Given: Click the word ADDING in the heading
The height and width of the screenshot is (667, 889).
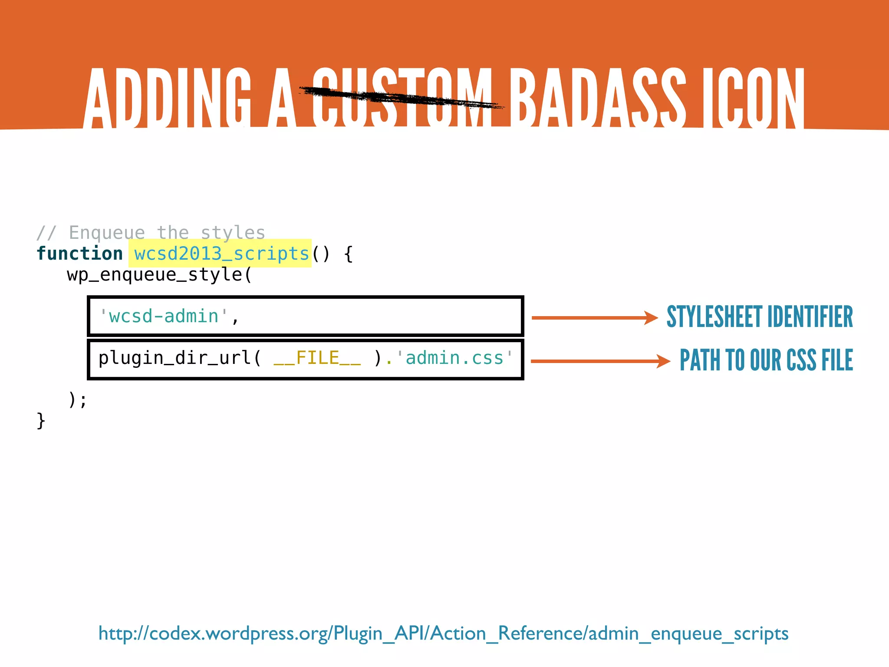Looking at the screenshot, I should coord(167,98).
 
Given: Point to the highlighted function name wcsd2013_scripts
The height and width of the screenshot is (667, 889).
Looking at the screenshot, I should coord(221,254).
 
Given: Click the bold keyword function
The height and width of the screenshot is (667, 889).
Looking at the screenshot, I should coord(80,254).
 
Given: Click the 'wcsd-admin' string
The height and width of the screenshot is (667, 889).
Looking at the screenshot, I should coord(164,316).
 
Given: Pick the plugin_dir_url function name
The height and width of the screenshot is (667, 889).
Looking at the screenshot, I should coord(175,358).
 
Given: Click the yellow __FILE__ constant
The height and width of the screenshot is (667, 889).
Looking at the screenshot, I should coord(317,358).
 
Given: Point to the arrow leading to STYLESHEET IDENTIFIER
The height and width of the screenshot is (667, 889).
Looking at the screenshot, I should coord(595,318).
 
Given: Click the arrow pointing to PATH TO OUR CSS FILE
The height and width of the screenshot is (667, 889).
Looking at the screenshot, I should coord(600,361).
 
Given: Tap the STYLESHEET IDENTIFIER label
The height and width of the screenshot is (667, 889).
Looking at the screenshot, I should coord(760,317).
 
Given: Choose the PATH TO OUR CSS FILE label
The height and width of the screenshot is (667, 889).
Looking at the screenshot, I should coord(766,360).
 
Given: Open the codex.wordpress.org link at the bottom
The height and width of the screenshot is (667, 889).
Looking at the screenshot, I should coord(443,634).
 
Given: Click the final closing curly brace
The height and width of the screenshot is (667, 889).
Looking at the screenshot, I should coord(41,421).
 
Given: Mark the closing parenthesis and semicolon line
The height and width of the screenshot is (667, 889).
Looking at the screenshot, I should coord(78,400).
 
